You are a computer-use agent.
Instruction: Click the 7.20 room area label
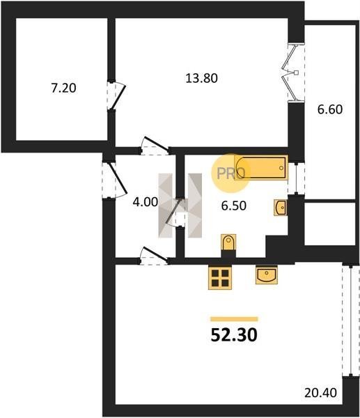pos(63,88)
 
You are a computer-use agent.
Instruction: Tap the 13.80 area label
pos(201,78)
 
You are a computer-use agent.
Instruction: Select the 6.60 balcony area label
pos(330,109)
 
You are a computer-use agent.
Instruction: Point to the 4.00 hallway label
pos(146,202)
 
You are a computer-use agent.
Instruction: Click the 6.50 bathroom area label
pos(234,206)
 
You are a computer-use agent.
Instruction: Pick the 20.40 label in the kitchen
pos(320,393)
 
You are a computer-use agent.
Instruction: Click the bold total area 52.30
pos(234,335)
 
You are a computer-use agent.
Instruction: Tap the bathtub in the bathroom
pos(261,168)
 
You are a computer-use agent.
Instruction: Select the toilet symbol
pos(228,242)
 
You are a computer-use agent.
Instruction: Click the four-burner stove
pos(220,277)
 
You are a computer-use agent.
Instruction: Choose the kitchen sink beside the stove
pos(267,274)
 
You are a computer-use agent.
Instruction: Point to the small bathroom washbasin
pos(281,208)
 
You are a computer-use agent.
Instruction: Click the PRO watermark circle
pos(230,173)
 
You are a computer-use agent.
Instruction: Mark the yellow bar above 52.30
pos(234,319)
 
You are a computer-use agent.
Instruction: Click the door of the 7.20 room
pos(118,96)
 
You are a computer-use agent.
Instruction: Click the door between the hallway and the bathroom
pos(175,212)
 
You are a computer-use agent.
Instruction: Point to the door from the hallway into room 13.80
pos(156,146)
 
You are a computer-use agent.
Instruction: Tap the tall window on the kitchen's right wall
pos(347,320)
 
